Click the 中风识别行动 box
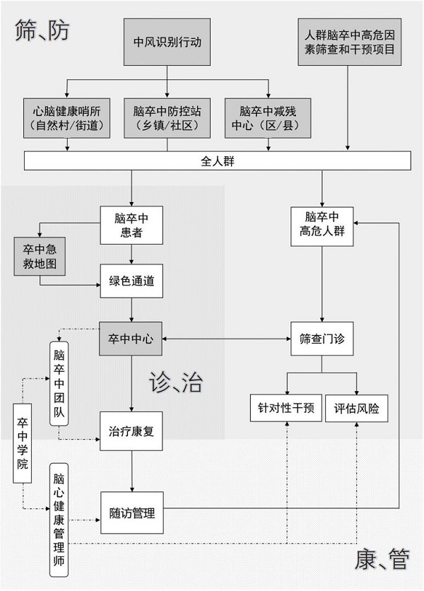(x=167, y=42)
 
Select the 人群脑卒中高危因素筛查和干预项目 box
(x=349, y=42)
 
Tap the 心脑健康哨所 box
(x=68, y=117)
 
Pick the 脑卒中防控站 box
(x=167, y=117)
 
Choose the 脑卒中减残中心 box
(x=270, y=117)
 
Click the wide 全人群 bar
(x=218, y=161)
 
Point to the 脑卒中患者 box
(x=131, y=225)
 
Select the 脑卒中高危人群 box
(x=322, y=225)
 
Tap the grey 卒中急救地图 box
(x=40, y=257)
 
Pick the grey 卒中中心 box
(x=131, y=337)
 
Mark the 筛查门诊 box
(x=322, y=337)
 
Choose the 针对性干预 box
(x=287, y=408)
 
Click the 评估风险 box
(x=357, y=408)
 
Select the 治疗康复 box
(x=131, y=431)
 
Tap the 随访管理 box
(x=131, y=513)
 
